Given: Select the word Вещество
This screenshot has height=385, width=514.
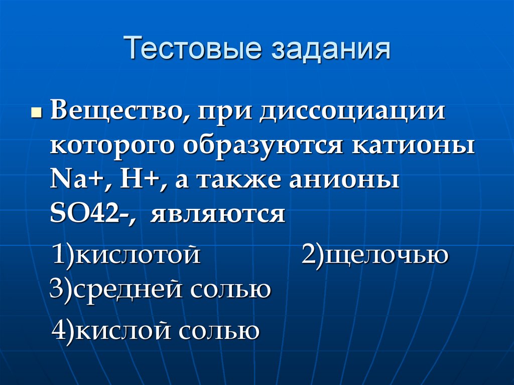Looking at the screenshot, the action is coord(116,111).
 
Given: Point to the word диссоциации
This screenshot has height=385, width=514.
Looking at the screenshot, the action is coord(353,111).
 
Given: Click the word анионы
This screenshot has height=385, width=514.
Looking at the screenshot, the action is coord(344,180).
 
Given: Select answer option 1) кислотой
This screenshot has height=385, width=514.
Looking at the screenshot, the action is coord(126,254).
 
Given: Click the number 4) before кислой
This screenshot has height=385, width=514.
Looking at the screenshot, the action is coord(64,331).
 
